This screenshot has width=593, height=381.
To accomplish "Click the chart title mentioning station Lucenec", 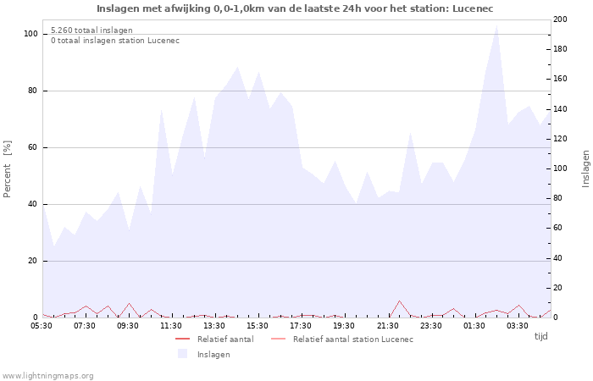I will click(x=295, y=8).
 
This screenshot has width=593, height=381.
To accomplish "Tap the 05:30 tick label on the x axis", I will click(x=42, y=325).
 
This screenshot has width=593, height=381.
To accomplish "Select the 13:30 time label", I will click(x=214, y=325).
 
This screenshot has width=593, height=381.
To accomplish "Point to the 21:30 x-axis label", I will click(x=387, y=325).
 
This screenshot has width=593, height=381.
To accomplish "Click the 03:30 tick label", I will click(x=517, y=325).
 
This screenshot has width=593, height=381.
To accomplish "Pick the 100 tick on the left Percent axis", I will click(x=31, y=34).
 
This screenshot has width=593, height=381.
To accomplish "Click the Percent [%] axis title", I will click(x=8, y=169).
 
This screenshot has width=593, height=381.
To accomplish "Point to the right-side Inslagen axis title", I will click(x=585, y=168).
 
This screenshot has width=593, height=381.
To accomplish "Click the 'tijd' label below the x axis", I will click(x=540, y=336).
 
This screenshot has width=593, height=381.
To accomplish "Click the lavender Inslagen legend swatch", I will click(x=182, y=354).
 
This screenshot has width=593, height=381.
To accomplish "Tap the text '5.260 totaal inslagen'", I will click(x=91, y=30).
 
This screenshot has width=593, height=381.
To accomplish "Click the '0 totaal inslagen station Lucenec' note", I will click(x=115, y=41).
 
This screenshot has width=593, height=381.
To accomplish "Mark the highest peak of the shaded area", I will click(x=496, y=25).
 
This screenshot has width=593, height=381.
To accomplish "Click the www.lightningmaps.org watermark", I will click(x=47, y=375).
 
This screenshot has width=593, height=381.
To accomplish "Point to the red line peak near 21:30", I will click(x=399, y=301).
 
